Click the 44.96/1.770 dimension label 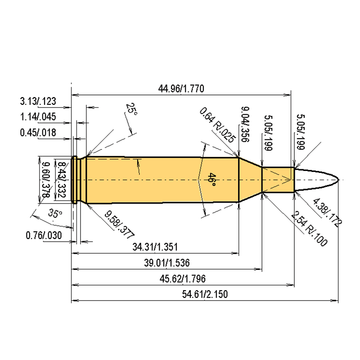[x=181, y=89]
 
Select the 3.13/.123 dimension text [x=38, y=101]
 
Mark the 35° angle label [x=54, y=213]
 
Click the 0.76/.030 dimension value [x=44, y=235]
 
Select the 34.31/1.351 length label [x=155, y=247]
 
